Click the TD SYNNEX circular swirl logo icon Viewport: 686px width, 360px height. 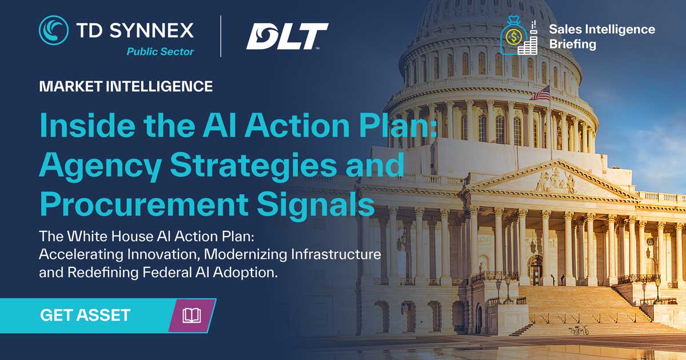coord(53,30)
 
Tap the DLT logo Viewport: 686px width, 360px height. coord(287,36)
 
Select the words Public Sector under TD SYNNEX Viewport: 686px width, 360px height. coord(160,52)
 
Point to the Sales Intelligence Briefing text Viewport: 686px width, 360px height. coord(601,36)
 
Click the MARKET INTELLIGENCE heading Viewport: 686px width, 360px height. coord(126,87)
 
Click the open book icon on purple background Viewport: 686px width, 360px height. coord(192,315)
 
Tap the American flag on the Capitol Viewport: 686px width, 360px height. coord(541,93)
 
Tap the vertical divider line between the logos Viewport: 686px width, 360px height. coord(221,36)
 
